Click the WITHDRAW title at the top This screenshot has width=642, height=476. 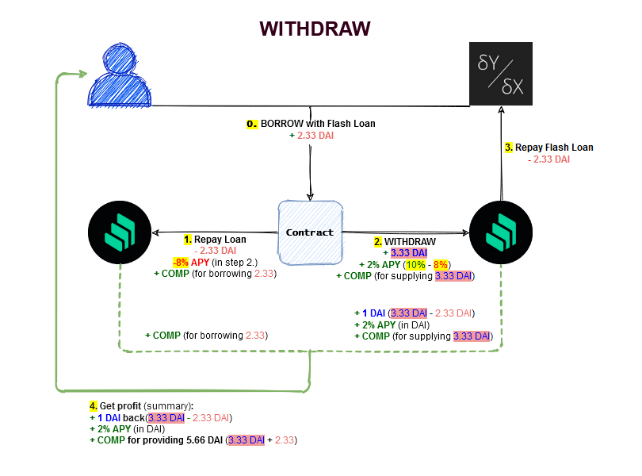point(315,29)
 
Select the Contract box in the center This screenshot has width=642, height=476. point(310,232)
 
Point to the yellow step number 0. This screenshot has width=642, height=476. point(252,124)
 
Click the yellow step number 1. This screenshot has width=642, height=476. point(188,239)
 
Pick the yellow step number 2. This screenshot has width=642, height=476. point(378,240)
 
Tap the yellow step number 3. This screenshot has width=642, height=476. point(509,147)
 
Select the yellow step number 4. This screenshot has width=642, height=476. point(94,406)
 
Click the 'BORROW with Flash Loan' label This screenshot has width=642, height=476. point(318,124)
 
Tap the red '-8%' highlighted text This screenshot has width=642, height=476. point(181,262)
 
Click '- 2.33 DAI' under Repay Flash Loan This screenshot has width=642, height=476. point(548,159)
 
